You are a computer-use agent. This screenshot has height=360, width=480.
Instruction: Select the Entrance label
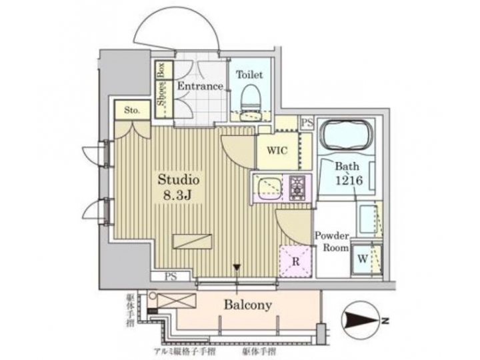click(199, 87)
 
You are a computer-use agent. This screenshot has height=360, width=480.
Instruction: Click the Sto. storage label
click(131, 110)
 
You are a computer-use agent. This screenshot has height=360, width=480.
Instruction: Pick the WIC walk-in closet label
click(278, 150)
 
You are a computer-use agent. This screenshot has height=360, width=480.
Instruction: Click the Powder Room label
click(333, 241)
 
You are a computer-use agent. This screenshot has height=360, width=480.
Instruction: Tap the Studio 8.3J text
click(179, 187)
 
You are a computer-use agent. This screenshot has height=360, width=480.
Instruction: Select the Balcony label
click(247, 305)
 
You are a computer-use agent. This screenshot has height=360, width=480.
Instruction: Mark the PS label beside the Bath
click(307, 123)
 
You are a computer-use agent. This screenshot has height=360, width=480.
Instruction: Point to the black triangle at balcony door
click(236, 269)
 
